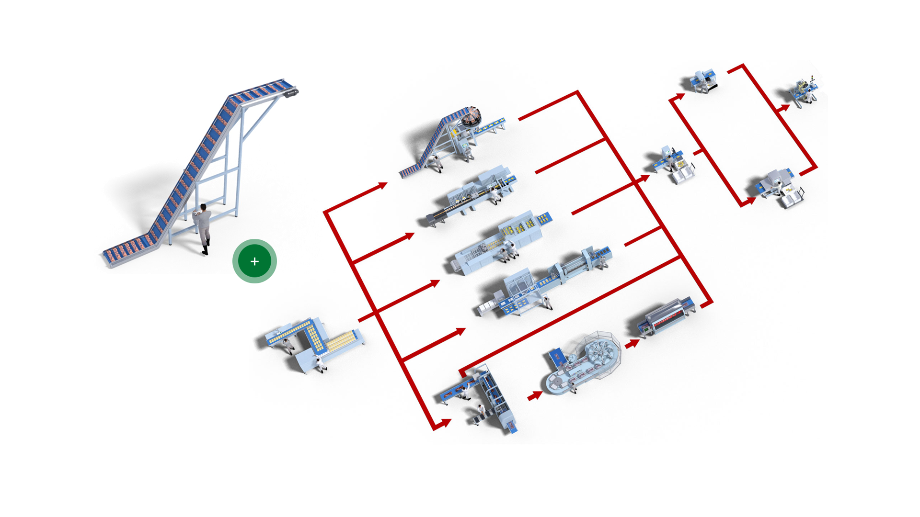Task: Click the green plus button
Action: click(x=254, y=261)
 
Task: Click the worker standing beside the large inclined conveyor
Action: click(x=203, y=228)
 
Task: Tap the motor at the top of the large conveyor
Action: click(x=291, y=92)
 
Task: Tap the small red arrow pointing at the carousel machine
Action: click(x=535, y=395)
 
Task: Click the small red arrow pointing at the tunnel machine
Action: click(x=632, y=343)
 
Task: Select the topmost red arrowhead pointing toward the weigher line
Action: click(x=382, y=186)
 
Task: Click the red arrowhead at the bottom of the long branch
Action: click(x=445, y=423)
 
